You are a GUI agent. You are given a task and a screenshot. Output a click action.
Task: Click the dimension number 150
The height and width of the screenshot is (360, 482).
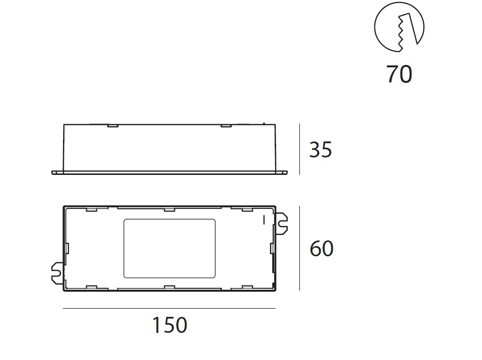[170, 325]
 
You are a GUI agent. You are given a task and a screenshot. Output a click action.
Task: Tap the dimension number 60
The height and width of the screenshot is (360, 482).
[321, 249]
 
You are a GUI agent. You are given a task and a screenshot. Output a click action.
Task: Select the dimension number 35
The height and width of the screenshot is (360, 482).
[320, 150]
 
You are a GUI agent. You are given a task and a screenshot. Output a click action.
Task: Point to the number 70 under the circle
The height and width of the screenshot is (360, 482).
[399, 74]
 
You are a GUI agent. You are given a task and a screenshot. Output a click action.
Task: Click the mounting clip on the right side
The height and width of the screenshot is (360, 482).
[281, 223]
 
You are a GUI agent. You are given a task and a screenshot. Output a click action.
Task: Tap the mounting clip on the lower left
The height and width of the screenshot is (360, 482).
[58, 273]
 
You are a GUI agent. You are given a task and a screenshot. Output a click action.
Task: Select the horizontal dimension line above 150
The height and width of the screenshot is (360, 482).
[170, 308]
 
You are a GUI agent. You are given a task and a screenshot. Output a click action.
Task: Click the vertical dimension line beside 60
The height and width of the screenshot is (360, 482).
[300, 248]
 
